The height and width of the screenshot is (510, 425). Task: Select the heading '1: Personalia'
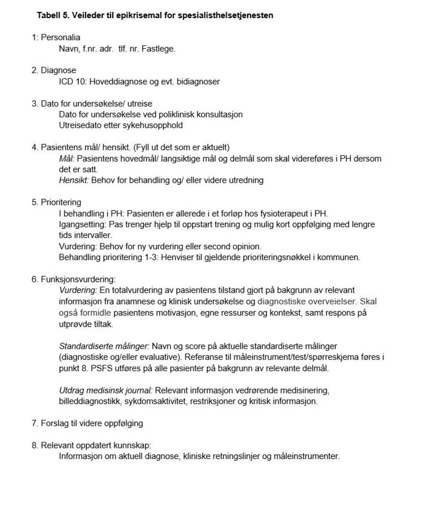[56, 38]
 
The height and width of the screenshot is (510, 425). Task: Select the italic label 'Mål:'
[67, 158]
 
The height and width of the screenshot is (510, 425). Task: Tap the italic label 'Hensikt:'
[73, 180]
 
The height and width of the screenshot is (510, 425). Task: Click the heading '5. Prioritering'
[56, 202]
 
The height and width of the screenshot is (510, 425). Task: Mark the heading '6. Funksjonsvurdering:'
[73, 279]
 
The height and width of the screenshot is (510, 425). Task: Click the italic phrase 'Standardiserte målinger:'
[104, 346]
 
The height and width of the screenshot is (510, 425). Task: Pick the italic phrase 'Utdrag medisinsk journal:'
[106, 390]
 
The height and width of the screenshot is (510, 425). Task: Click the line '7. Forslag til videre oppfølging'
[87, 423]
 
